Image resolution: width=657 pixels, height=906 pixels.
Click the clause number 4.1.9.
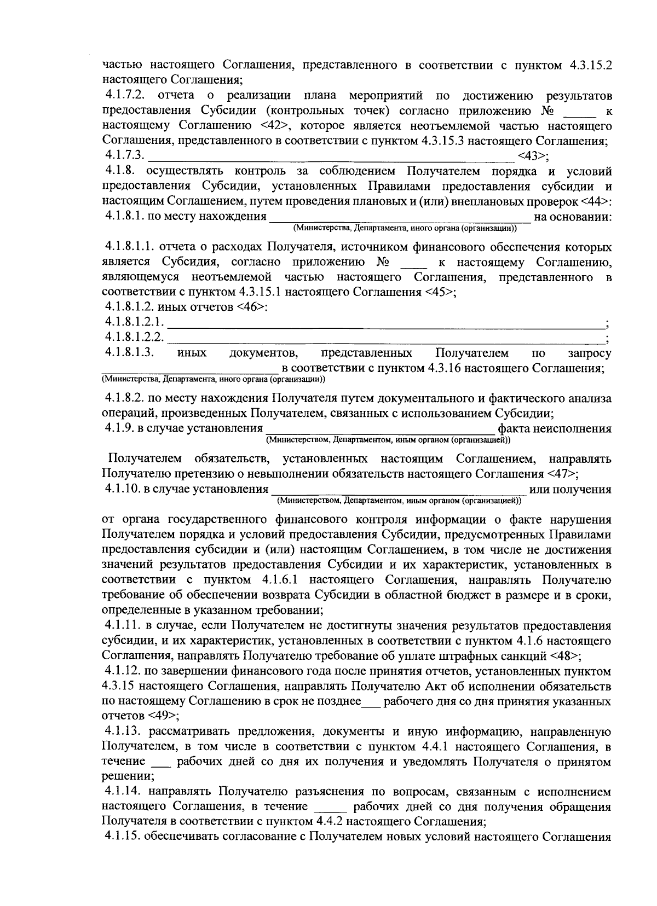click(x=119, y=428)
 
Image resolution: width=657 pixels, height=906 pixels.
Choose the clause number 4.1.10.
click(x=122, y=489)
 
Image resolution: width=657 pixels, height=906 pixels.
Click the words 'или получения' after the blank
click(x=569, y=489)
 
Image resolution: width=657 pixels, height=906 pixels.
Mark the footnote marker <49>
click(x=162, y=716)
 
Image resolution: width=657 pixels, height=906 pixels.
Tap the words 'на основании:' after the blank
click(x=573, y=217)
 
